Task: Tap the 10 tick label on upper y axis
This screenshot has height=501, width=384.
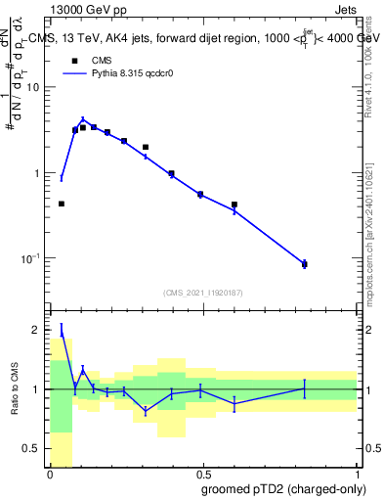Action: tap(34, 87)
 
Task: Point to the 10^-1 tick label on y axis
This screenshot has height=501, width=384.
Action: tap(31, 258)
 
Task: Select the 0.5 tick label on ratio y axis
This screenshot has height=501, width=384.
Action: tap(34, 449)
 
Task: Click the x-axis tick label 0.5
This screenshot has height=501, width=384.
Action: tap(202, 473)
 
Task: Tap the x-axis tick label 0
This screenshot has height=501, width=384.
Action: tap(50, 473)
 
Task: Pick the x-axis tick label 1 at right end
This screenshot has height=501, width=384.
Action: tap(357, 473)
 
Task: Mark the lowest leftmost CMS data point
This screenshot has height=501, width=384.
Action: tap(62, 204)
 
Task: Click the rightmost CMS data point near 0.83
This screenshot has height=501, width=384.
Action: tap(304, 264)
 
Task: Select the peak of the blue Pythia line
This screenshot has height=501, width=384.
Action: tap(83, 118)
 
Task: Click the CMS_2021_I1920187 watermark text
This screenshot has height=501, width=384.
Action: tap(202, 293)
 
